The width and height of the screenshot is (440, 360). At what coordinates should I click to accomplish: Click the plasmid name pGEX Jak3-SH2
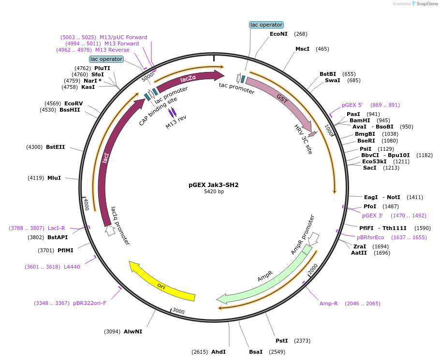pos(213,185)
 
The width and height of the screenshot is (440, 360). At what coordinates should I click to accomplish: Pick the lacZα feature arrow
pos(189,80)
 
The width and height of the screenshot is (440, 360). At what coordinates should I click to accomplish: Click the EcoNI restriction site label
pos(279,34)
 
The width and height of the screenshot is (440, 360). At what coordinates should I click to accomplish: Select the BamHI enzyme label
pos(360,120)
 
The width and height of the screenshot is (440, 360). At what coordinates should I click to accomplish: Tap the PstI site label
pos(281,341)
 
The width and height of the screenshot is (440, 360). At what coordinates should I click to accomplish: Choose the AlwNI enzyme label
pos(133,331)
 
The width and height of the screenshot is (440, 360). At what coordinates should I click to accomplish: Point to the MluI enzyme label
pos(54,178)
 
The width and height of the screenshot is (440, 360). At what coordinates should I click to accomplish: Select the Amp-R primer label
pos(329,303)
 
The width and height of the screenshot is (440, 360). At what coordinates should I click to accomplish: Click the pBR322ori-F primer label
pos(89,303)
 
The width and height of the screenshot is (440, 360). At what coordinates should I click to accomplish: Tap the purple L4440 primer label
pos(72,266)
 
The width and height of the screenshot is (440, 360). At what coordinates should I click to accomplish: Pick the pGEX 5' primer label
pos(352,105)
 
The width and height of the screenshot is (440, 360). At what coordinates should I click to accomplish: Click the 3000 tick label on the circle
pos(178,311)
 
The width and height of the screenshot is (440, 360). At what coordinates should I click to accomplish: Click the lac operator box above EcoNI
pos(266,25)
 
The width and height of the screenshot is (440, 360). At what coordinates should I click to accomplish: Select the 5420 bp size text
pos(214,192)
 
